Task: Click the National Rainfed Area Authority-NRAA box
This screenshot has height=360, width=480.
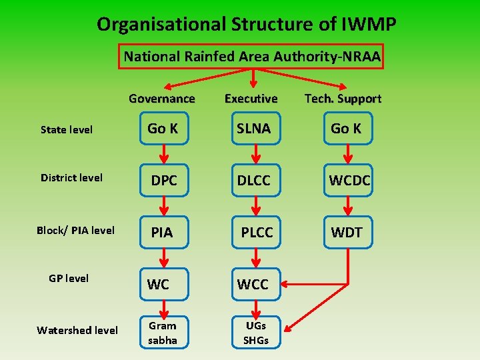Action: pyautogui.click(x=252, y=57)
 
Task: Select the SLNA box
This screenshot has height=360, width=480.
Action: pyautogui.click(x=253, y=129)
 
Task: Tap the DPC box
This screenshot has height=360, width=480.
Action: pyautogui.click(x=163, y=181)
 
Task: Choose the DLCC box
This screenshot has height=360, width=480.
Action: pyautogui.click(x=253, y=181)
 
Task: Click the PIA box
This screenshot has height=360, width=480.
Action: pyautogui.click(x=162, y=232)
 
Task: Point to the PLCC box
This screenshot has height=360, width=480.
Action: pyautogui.click(x=256, y=232)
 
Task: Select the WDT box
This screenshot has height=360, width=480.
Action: pyautogui.click(x=347, y=232)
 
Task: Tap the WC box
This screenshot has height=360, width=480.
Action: pyautogui.click(x=159, y=284)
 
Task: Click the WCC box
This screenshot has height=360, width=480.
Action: pyautogui.click(x=253, y=284)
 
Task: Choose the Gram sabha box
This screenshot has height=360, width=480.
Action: pyautogui.click(x=163, y=333)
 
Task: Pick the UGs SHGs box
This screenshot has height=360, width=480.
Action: pyautogui.click(x=255, y=333)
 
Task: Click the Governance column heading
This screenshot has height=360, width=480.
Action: pyautogui.click(x=162, y=99)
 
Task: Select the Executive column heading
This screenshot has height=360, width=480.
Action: pyautogui.click(x=251, y=99)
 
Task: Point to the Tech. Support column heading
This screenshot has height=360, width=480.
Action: pyautogui.click(x=343, y=99)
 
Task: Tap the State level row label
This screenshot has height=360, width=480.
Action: pyautogui.click(x=67, y=129)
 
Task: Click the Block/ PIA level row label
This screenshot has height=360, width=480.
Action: pyautogui.click(x=75, y=231)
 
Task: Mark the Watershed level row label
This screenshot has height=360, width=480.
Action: pyautogui.click(x=77, y=330)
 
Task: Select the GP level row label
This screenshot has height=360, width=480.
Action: pyautogui.click(x=69, y=278)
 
